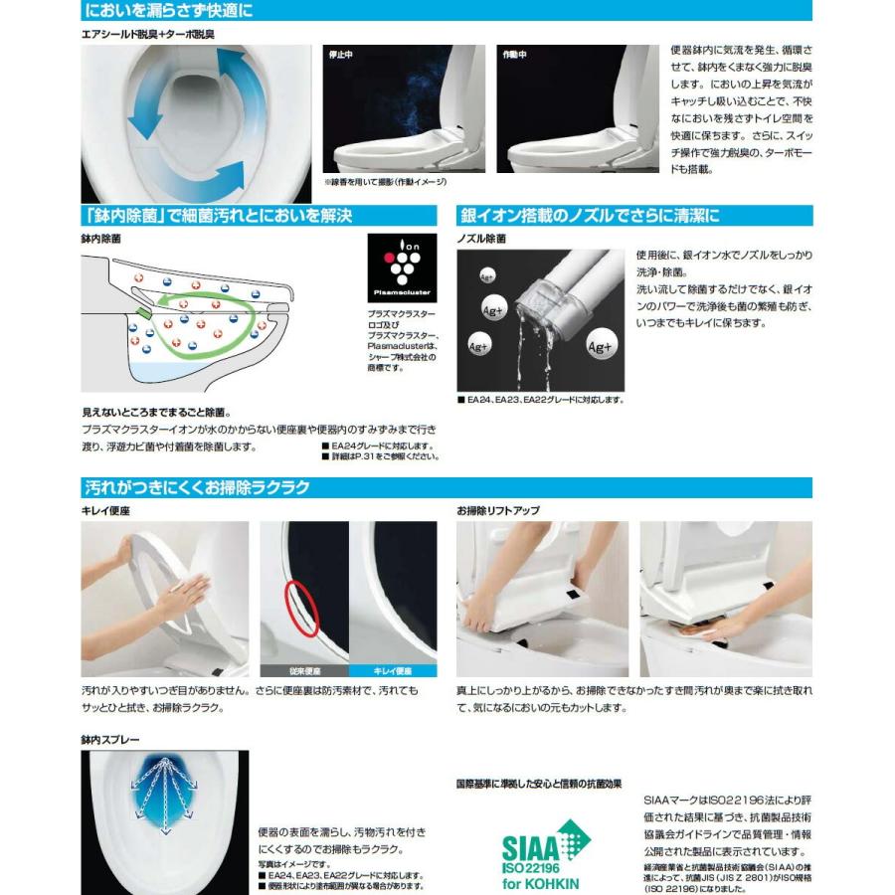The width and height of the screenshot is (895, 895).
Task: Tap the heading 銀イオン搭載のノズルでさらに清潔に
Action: [588, 215]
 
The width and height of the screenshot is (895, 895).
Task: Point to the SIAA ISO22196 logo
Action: [542, 851]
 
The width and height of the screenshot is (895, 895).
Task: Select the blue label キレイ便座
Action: [392, 670]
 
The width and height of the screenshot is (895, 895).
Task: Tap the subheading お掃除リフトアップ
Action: [498, 510]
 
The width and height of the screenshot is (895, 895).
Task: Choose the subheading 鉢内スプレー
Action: [110, 740]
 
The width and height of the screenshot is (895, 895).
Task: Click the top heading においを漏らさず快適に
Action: [168, 11]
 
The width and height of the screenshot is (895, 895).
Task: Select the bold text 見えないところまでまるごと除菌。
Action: [157, 411]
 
